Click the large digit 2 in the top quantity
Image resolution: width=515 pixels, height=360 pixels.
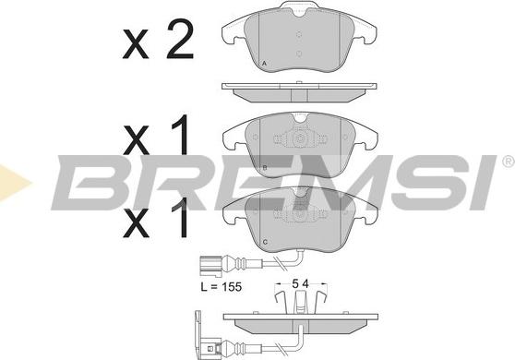pos(180,39)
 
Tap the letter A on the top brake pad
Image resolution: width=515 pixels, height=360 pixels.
pos(264,64)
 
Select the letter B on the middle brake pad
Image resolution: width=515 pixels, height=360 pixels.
pos(265,168)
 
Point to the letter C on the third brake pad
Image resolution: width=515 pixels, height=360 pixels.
pos(266,243)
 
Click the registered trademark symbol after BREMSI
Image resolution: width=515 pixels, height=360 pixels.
pos(509,162)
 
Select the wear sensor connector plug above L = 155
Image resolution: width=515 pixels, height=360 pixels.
pos(209,264)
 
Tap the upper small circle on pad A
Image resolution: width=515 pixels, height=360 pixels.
pos(298,34)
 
